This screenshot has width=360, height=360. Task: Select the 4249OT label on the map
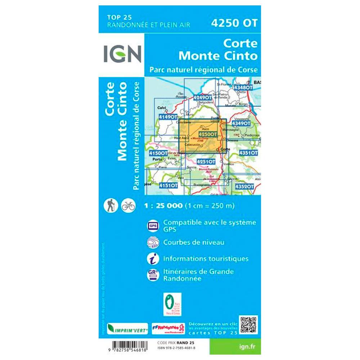(x=202, y=98)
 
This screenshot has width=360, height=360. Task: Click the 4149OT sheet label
(x=168, y=117)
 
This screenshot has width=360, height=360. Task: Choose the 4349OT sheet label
(x=241, y=123)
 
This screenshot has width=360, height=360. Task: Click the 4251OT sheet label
(x=206, y=162)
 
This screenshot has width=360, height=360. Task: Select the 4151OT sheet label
(x=168, y=185)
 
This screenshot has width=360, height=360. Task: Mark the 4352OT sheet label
(x=244, y=186)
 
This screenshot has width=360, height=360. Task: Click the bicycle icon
(x=128, y=206)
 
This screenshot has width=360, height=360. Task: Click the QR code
(x=248, y=325)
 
